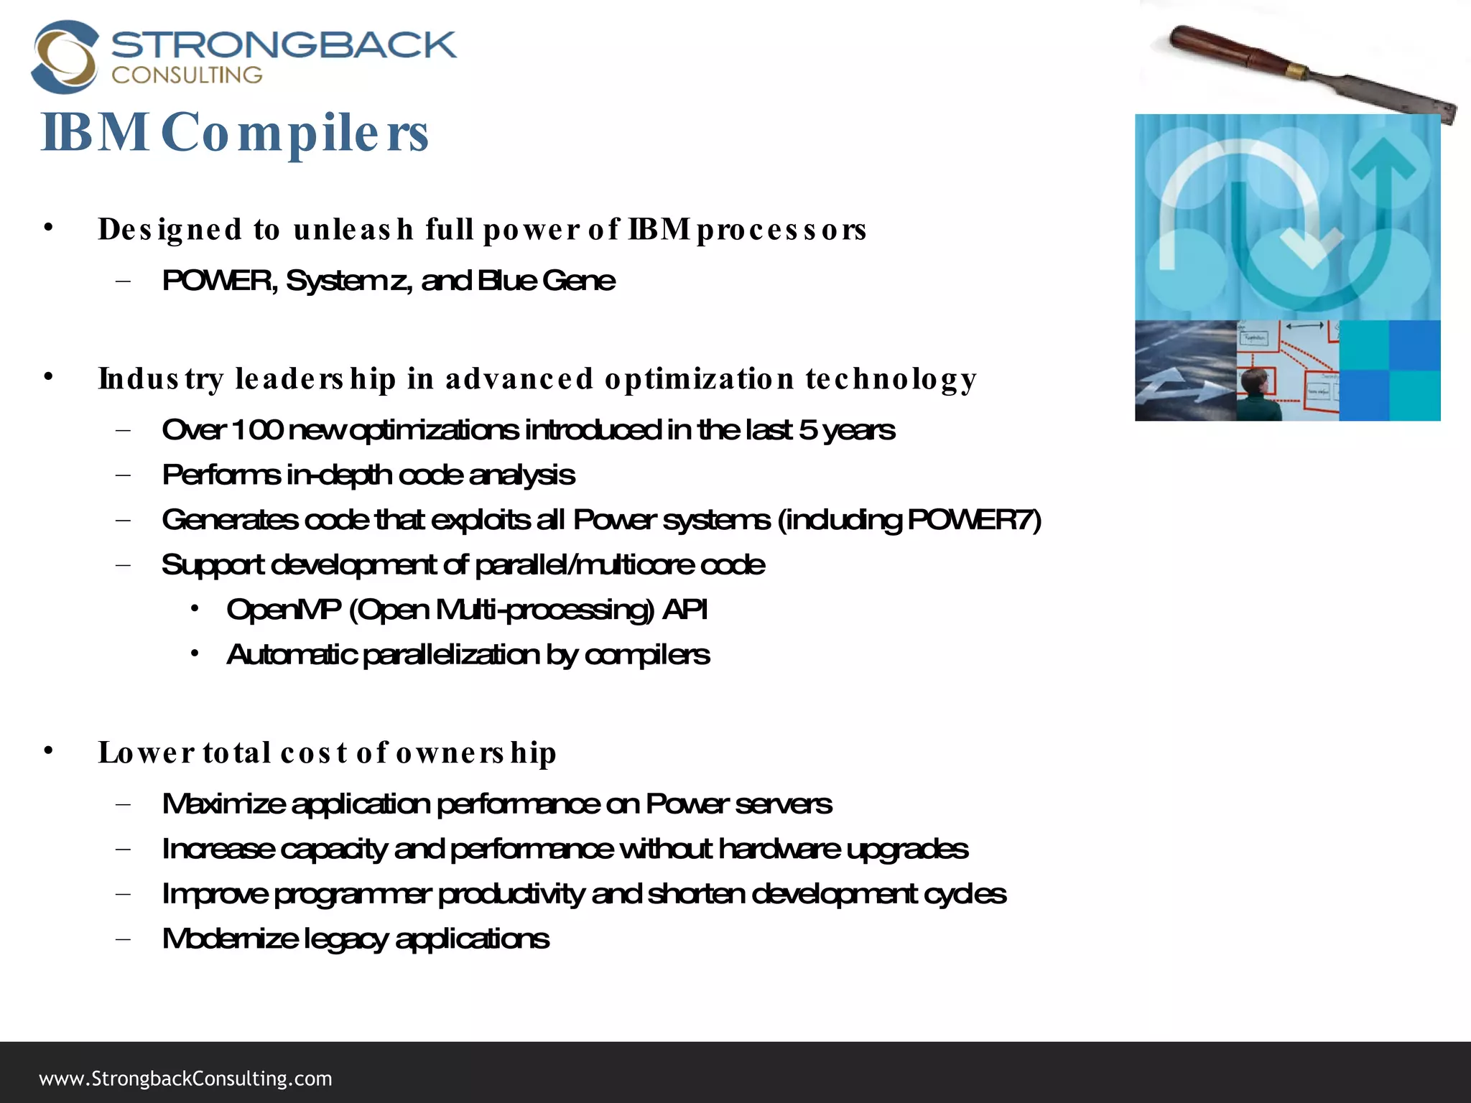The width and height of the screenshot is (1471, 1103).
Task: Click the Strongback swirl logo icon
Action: click(x=65, y=57)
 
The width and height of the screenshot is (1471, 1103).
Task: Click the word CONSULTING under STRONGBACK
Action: click(x=187, y=75)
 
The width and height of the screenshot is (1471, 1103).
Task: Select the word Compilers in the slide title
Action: click(x=294, y=134)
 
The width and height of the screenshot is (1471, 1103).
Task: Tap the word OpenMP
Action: click(x=284, y=610)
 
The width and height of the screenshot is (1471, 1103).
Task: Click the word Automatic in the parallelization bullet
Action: click(x=291, y=655)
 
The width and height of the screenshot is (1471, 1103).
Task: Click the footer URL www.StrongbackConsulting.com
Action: click(x=185, y=1079)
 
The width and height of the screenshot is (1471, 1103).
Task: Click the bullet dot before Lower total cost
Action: click(x=48, y=751)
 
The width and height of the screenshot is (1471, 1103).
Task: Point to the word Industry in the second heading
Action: click(x=162, y=379)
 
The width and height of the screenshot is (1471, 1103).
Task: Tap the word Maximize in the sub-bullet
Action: click(x=223, y=804)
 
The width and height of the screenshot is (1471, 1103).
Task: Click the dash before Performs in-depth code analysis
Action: click(x=123, y=475)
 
